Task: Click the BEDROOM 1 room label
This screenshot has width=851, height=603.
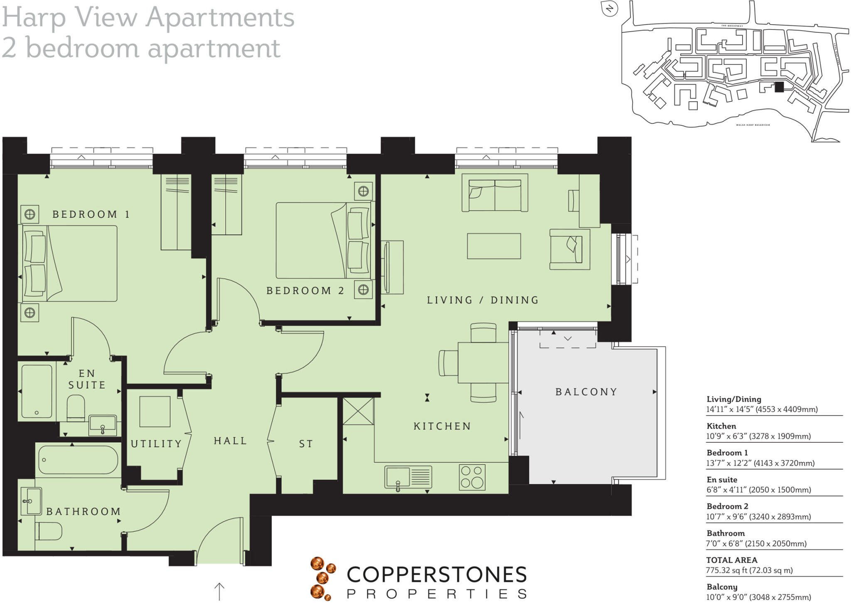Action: pyautogui.click(x=91, y=214)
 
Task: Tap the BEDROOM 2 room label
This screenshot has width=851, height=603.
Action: pyautogui.click(x=305, y=291)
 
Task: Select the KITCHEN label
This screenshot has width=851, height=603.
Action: pyautogui.click(x=442, y=426)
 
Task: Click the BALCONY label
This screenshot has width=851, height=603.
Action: pyautogui.click(x=586, y=392)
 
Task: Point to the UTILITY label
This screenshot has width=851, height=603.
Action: pyautogui.click(x=156, y=444)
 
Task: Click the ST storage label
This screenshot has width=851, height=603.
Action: pyautogui.click(x=306, y=444)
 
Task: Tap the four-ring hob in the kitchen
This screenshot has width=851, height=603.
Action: pyautogui.click(x=472, y=477)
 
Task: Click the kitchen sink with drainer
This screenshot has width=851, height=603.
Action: pyautogui.click(x=408, y=477)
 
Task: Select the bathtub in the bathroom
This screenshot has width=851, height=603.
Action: pyautogui.click(x=78, y=460)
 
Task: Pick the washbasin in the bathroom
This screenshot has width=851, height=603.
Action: pyautogui.click(x=31, y=502)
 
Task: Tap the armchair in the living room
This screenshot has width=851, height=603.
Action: pyautogui.click(x=570, y=249)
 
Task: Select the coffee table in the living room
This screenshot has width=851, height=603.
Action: pyautogui.click(x=494, y=246)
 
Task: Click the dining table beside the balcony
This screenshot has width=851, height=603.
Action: pyautogui.click(x=483, y=363)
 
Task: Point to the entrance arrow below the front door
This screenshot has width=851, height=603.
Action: pyautogui.click(x=219, y=591)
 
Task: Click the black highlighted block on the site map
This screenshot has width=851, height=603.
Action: pyautogui.click(x=779, y=87)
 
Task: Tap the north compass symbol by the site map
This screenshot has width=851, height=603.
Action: pyautogui.click(x=610, y=9)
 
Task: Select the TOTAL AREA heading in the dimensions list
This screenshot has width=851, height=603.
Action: pyautogui.click(x=731, y=560)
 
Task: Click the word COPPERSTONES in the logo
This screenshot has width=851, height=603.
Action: pyautogui.click(x=436, y=575)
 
